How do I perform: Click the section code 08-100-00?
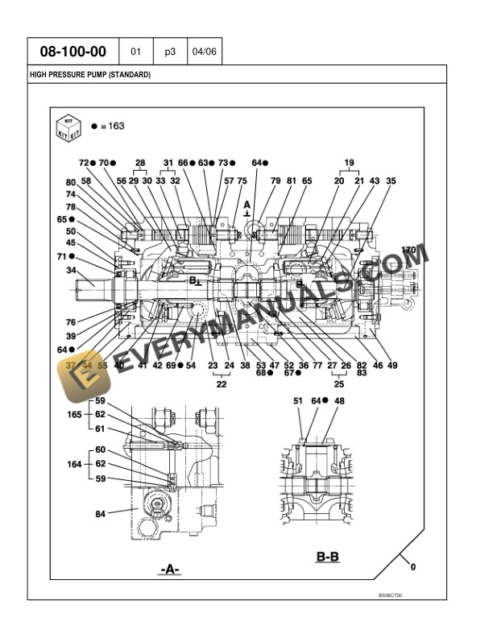[73, 52]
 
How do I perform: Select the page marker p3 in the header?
[170, 52]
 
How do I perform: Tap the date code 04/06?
[205, 52]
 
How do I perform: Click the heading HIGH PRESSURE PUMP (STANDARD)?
[90, 75]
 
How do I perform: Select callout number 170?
[408, 251]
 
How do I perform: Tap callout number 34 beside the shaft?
[71, 271]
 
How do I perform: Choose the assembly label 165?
[74, 414]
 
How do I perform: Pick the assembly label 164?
[74, 464]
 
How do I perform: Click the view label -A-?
[169, 570]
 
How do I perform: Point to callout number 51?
[298, 400]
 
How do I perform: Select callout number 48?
[339, 400]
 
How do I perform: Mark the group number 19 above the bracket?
[349, 163]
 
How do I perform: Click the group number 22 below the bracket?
[221, 385]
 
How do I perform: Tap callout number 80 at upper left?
[71, 182]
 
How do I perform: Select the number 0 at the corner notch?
[412, 567]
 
